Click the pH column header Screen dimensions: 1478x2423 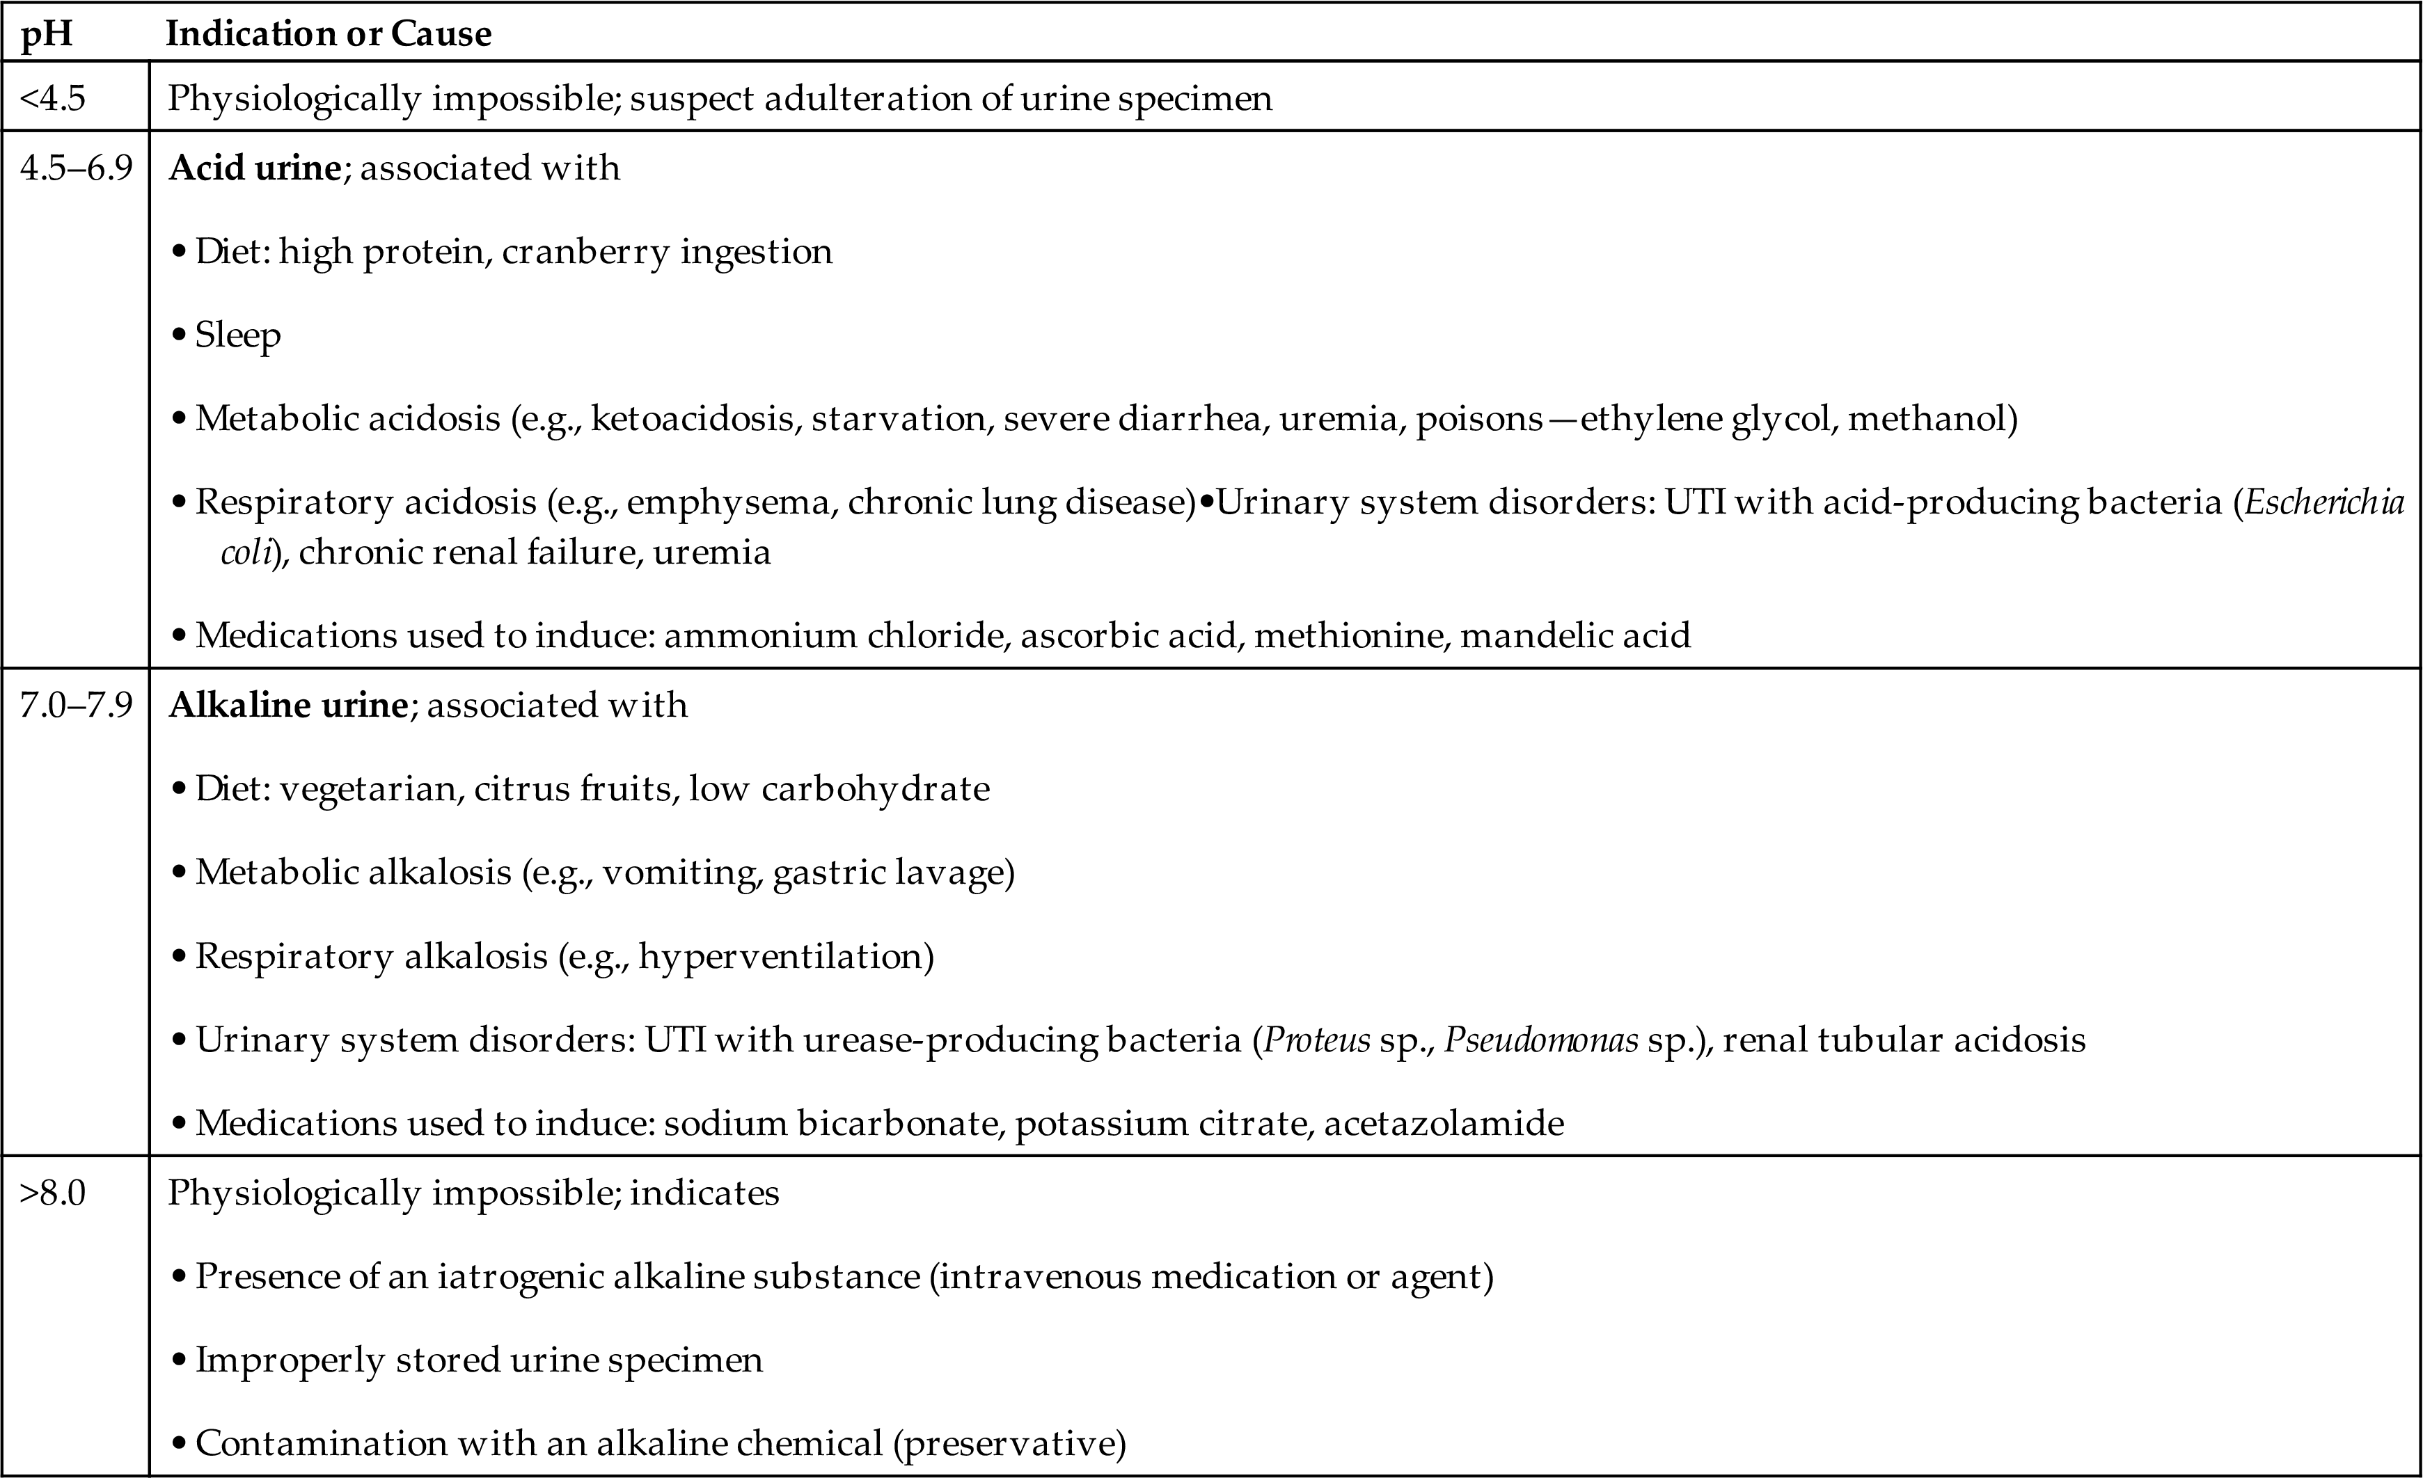click(x=47, y=34)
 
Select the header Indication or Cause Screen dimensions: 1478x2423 click(x=329, y=34)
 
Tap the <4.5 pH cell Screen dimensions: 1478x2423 click(x=53, y=98)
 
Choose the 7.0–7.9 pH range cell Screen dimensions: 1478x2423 click(x=76, y=705)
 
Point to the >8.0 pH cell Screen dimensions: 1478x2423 click(x=53, y=1193)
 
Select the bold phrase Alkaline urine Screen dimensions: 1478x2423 click(x=288, y=705)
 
